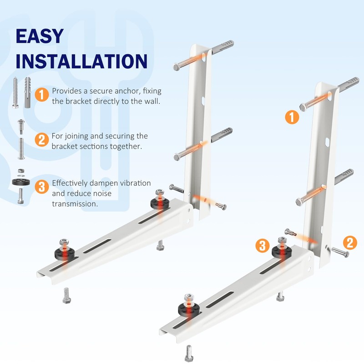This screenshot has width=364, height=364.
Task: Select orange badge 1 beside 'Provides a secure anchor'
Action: pyautogui.click(x=42, y=95)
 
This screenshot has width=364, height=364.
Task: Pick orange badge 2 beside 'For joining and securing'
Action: pyautogui.click(x=42, y=140)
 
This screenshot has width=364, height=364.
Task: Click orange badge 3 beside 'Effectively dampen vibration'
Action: pyautogui.click(x=42, y=187)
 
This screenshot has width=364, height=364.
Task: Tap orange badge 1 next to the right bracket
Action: pyautogui.click(x=292, y=117)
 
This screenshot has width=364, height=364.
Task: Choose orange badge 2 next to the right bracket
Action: pyautogui.click(x=349, y=243)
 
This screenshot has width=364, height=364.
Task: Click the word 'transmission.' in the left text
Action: pyautogui.click(x=75, y=204)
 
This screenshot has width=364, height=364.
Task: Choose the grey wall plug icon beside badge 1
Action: pyautogui.click(x=29, y=92)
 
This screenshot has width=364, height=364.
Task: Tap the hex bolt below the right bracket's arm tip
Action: pyautogui.click(x=190, y=352)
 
